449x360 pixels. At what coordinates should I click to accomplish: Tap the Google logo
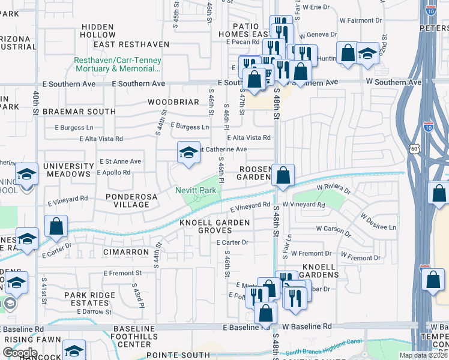[x=19, y=353]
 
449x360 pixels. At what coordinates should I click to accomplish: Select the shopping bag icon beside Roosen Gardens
[x=283, y=175]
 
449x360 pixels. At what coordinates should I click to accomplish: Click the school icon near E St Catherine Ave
[x=188, y=152]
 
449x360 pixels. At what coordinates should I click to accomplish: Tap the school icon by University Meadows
[x=26, y=174]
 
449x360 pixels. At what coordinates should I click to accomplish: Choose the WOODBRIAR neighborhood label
[x=173, y=102]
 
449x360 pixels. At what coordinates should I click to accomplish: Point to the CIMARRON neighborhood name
[x=125, y=253]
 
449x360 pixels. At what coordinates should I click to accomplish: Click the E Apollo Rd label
[x=113, y=172]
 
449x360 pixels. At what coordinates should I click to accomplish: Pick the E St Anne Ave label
[x=120, y=161]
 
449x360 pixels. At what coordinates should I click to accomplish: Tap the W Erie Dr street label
[x=316, y=7]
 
